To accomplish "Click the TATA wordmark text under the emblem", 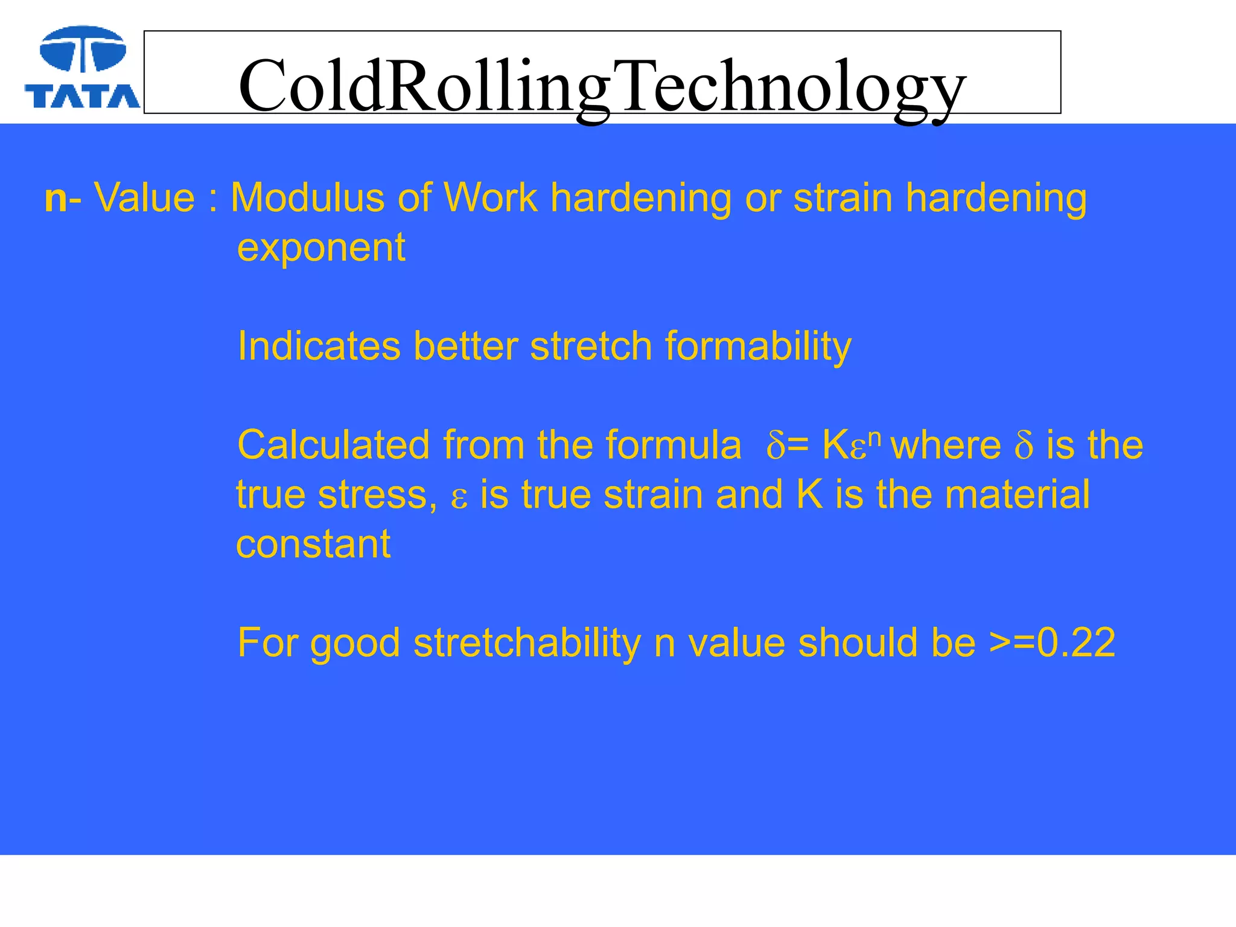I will (82, 96).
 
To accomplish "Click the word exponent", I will (321, 248).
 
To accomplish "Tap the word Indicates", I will (319, 346).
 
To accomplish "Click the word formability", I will (758, 348).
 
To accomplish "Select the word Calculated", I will (333, 445).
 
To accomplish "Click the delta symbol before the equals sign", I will (776, 447).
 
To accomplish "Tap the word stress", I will (378, 495).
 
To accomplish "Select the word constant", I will (313, 544).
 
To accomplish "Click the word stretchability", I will (527, 643).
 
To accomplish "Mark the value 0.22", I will (1076, 643).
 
